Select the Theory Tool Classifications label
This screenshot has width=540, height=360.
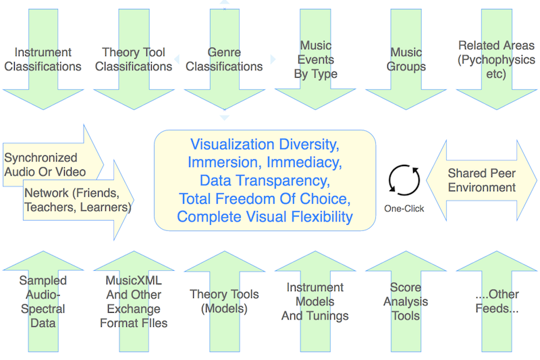click(134, 59)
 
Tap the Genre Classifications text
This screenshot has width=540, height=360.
click(224, 59)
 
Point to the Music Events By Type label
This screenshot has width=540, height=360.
click(315, 59)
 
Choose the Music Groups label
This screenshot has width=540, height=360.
click(406, 59)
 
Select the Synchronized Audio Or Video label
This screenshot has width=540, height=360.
click(45, 164)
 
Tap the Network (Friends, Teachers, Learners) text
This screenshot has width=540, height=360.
click(78, 200)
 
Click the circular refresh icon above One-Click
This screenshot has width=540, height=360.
click(404, 180)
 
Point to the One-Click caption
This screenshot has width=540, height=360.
click(404, 209)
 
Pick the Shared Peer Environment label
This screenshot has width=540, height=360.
click(482, 180)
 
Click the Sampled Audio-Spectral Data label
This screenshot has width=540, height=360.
click(43, 301)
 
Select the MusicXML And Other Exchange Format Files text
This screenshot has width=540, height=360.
click(134, 301)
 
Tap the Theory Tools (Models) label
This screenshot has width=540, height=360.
click(224, 301)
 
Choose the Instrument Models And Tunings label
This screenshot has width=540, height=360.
click(315, 301)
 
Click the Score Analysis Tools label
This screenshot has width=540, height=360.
click(406, 301)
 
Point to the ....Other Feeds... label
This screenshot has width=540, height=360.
click(496, 301)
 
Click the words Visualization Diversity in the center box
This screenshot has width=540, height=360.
click(264, 145)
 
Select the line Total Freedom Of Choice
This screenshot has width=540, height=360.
click(264, 199)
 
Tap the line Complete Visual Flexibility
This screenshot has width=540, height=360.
click(264, 217)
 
